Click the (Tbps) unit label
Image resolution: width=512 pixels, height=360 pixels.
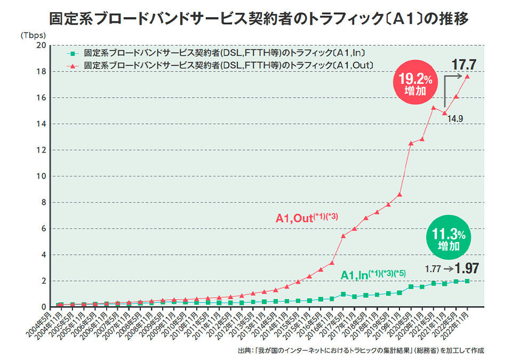(x=34, y=35)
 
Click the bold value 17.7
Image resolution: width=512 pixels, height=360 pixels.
(x=463, y=65)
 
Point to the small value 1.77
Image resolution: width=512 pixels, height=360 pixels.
(x=434, y=269)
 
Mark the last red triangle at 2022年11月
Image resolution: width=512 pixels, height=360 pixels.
(x=468, y=76)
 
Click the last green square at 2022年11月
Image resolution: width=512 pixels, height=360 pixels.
(x=468, y=281)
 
